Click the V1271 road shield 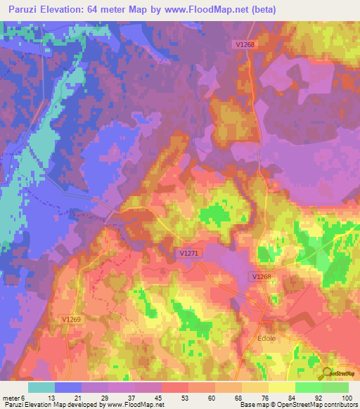[187, 251]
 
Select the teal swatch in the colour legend [41, 387]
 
